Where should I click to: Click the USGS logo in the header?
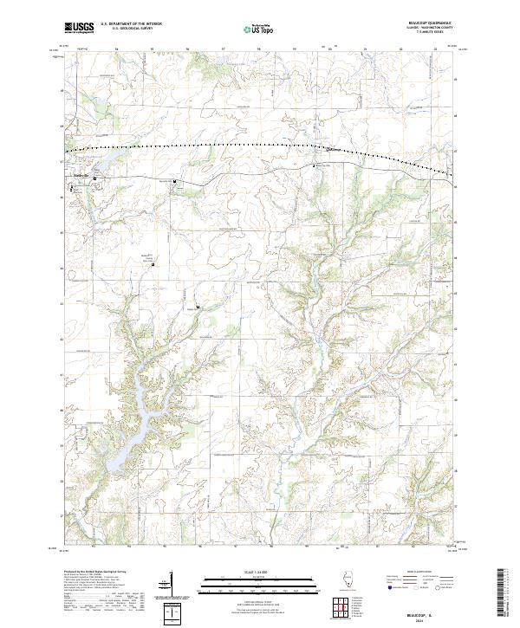79,28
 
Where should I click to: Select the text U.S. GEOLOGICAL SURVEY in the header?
127,29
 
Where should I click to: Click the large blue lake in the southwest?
130,433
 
